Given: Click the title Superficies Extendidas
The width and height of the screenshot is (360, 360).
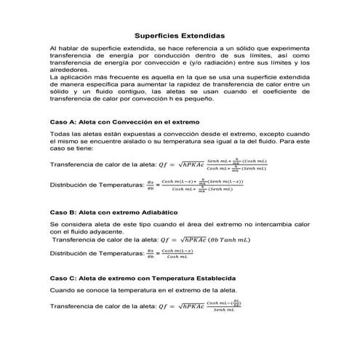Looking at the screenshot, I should click(180, 35).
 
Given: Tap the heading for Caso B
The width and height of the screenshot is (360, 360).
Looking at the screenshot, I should click(116, 212).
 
